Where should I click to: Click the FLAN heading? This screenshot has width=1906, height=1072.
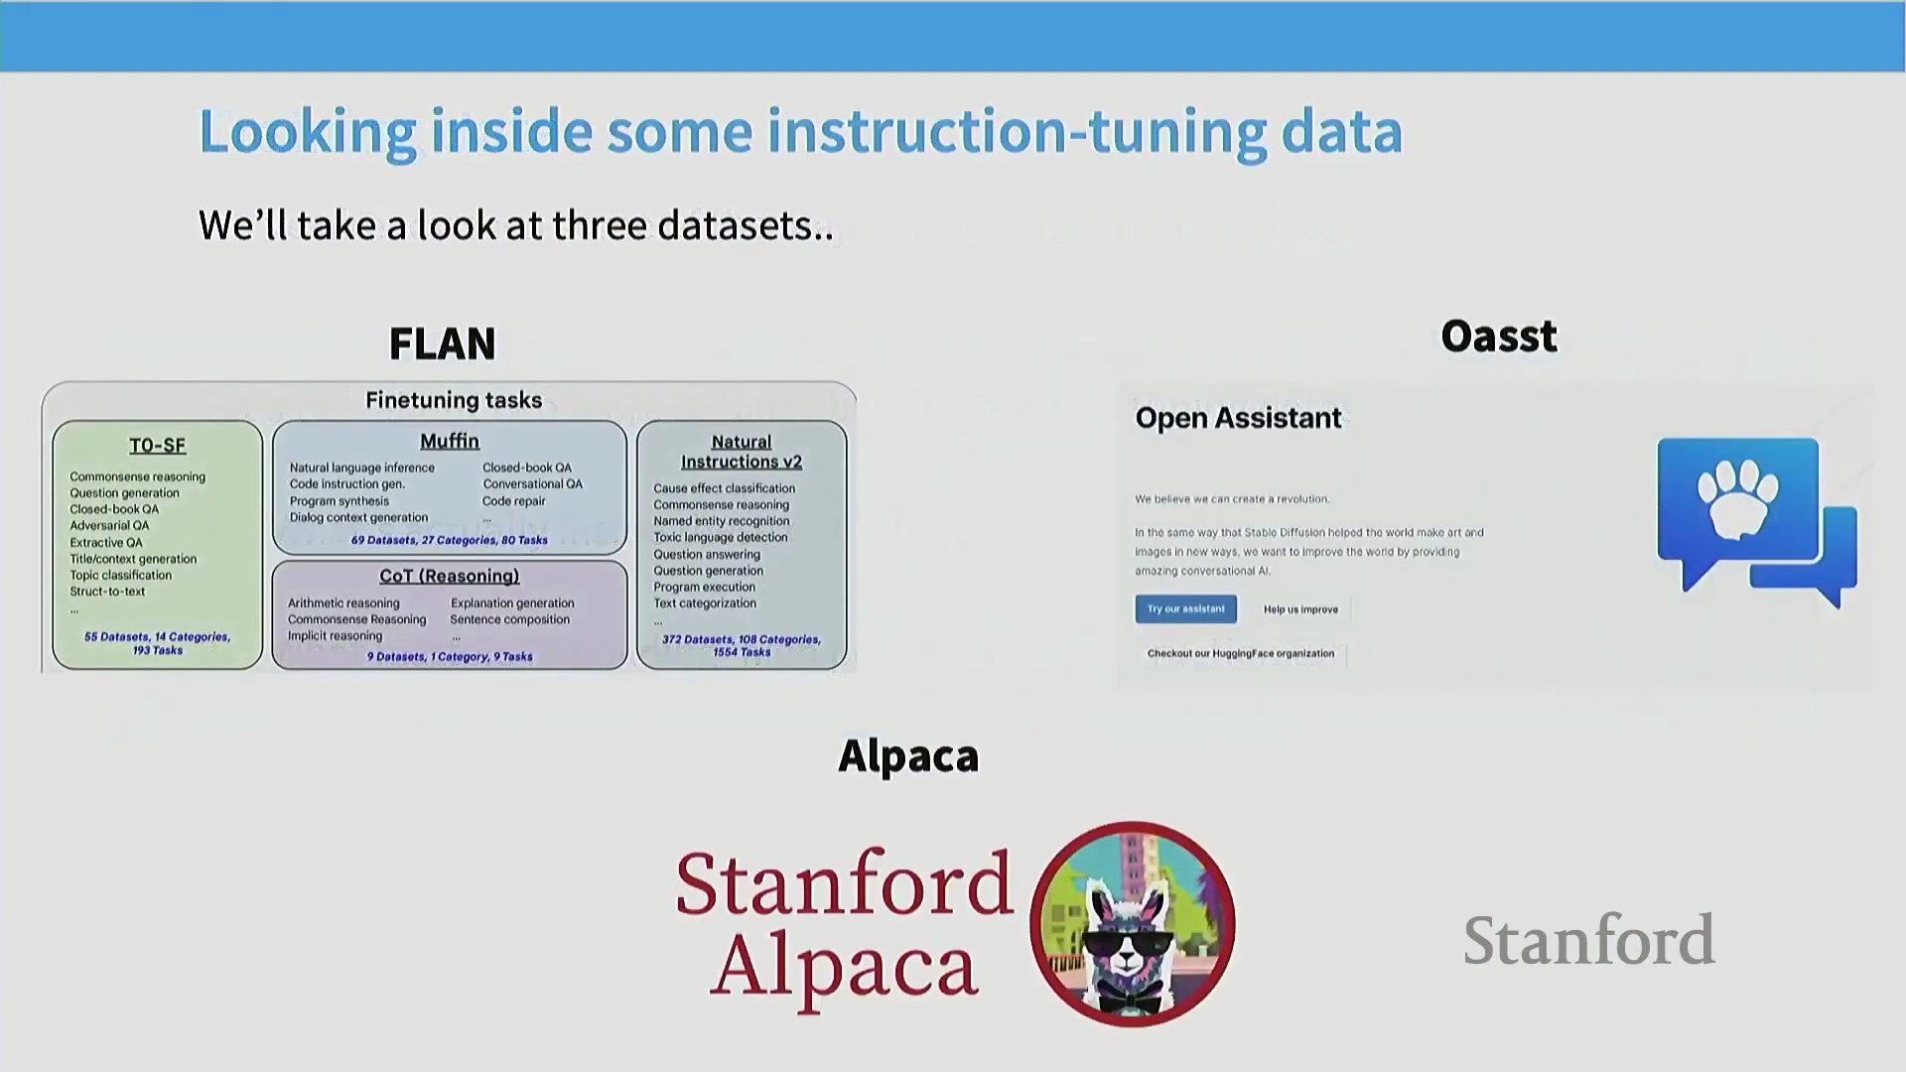pos(442,343)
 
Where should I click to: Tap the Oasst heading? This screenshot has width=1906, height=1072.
pos(1499,336)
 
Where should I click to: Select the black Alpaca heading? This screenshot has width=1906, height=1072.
pos(908,756)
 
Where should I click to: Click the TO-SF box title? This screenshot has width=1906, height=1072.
pos(158,446)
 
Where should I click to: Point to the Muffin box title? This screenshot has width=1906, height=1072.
pos(450,441)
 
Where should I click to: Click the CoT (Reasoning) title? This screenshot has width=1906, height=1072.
pos(450,576)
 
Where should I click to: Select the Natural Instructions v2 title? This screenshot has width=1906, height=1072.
pos(742,452)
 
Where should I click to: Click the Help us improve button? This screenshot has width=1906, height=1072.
pos(1300,609)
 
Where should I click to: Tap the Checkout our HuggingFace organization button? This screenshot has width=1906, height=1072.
pos(1241,653)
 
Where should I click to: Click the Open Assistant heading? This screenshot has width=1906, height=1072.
pos(1238,418)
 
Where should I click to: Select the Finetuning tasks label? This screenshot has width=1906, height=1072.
pos(454,400)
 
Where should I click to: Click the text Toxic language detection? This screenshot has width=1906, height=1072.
pos(721,537)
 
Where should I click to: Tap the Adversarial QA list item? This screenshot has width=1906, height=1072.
pos(109,526)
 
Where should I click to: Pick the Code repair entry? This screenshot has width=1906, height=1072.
pos(514,501)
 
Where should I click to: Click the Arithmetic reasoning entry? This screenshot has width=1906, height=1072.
pos(343,603)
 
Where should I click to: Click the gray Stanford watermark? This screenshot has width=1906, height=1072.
pos(1589,939)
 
